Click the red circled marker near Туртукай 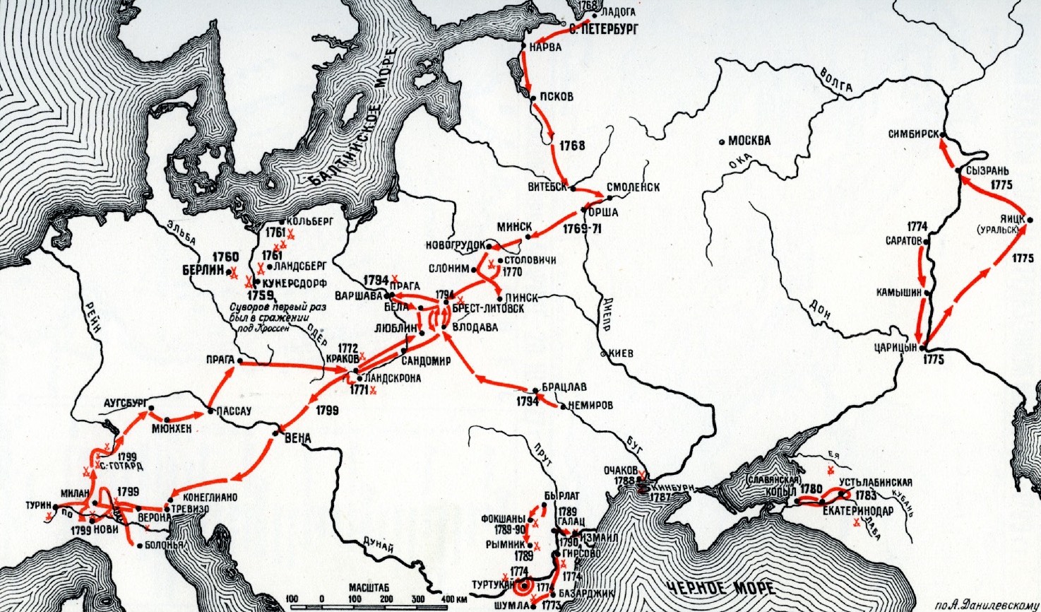(x=523, y=587)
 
